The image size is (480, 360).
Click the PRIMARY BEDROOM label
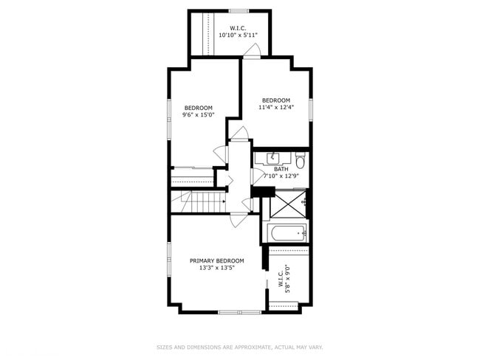216,260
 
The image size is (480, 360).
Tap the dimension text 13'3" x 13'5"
216,269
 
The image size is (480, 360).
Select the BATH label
281,169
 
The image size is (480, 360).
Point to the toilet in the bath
300,160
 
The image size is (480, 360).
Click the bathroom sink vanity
273,157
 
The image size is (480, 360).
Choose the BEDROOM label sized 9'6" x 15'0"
198,108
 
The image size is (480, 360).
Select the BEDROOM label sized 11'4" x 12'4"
276,100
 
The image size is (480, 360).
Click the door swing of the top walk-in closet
253,50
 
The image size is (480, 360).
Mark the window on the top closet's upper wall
238,10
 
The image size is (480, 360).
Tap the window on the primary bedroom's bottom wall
239,312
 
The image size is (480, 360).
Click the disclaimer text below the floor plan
239,347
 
